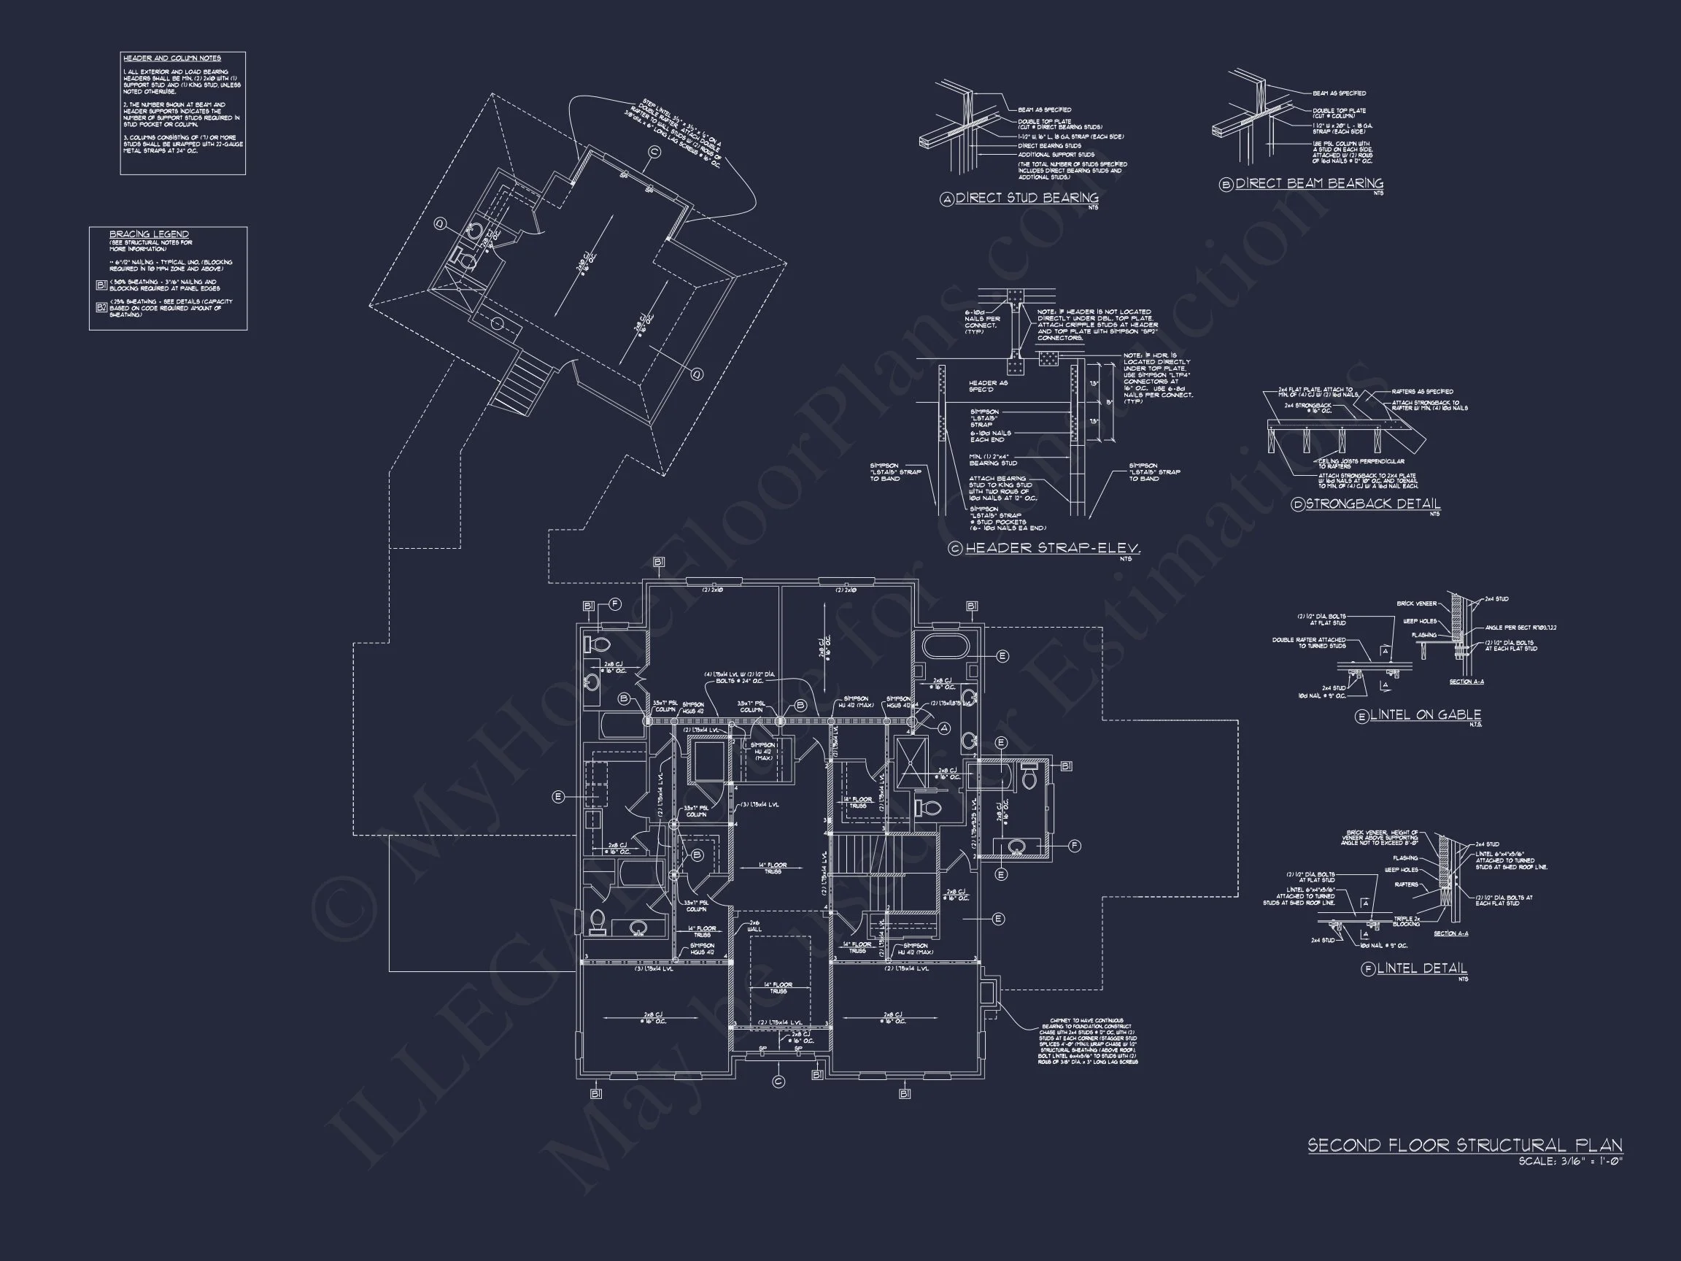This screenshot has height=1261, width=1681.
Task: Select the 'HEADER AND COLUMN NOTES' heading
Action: pos(171,58)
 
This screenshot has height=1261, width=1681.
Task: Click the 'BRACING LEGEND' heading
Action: pos(149,234)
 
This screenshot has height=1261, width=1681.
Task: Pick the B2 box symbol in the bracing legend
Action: pos(102,307)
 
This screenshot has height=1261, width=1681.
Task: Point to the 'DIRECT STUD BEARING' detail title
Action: pos(1026,198)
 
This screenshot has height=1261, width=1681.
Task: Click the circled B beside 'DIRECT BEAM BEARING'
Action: pos(1226,185)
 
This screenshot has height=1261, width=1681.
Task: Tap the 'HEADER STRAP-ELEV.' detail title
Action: pos(1053,548)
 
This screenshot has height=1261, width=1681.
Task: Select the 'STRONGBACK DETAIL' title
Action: pos(1372,504)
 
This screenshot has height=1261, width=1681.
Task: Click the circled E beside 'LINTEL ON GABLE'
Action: pos(1362,716)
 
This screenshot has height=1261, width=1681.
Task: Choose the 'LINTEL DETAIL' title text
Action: pos(1422,968)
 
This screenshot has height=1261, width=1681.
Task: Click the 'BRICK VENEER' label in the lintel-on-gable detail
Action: pos(1415,603)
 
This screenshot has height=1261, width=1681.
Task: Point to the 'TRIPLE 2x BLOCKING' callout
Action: pos(1407,921)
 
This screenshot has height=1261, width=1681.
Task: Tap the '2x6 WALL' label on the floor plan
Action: pos(754,926)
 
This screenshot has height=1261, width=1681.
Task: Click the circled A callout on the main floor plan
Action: pos(945,728)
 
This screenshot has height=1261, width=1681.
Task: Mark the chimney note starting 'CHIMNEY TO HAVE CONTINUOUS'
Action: pos(1088,1041)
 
